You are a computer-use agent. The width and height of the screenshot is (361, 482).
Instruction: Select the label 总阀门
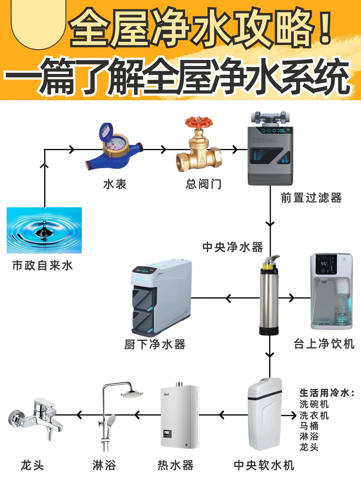tap(203, 184)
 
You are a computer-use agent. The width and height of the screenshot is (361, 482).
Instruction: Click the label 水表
tap(115, 184)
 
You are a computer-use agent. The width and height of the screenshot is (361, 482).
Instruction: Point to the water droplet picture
tap(44, 230)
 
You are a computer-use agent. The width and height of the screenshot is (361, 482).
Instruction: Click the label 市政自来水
tap(42, 266)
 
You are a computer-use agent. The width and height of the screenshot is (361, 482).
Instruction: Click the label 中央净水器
tap(233, 247)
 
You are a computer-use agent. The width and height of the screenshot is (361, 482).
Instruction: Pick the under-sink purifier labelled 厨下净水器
tap(161, 297)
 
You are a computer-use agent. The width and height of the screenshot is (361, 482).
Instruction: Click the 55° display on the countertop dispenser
tap(324, 264)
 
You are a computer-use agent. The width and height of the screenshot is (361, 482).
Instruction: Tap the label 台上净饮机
tap(324, 344)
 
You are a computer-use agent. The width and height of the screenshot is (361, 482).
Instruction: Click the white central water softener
tap(265, 414)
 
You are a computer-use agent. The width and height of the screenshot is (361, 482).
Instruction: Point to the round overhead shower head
tap(132, 394)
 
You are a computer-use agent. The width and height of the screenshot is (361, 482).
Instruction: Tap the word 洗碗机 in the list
tap(314, 404)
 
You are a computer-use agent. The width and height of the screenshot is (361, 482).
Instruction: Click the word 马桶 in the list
tap(309, 426)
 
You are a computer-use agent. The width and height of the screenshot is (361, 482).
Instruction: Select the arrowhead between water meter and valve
tap(163, 149)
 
